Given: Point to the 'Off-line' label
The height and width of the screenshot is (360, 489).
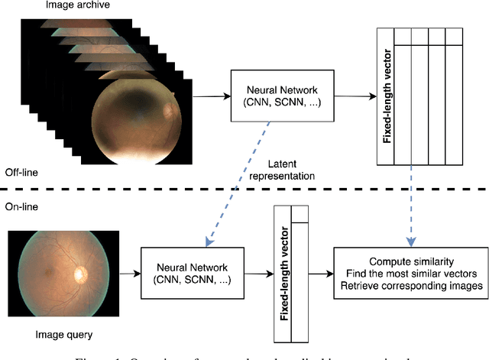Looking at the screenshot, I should pyautogui.click(x=22, y=172).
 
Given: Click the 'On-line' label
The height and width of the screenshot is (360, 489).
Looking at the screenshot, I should pyautogui.click(x=21, y=206).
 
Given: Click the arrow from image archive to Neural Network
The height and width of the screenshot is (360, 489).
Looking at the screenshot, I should pyautogui.click(x=211, y=96).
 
